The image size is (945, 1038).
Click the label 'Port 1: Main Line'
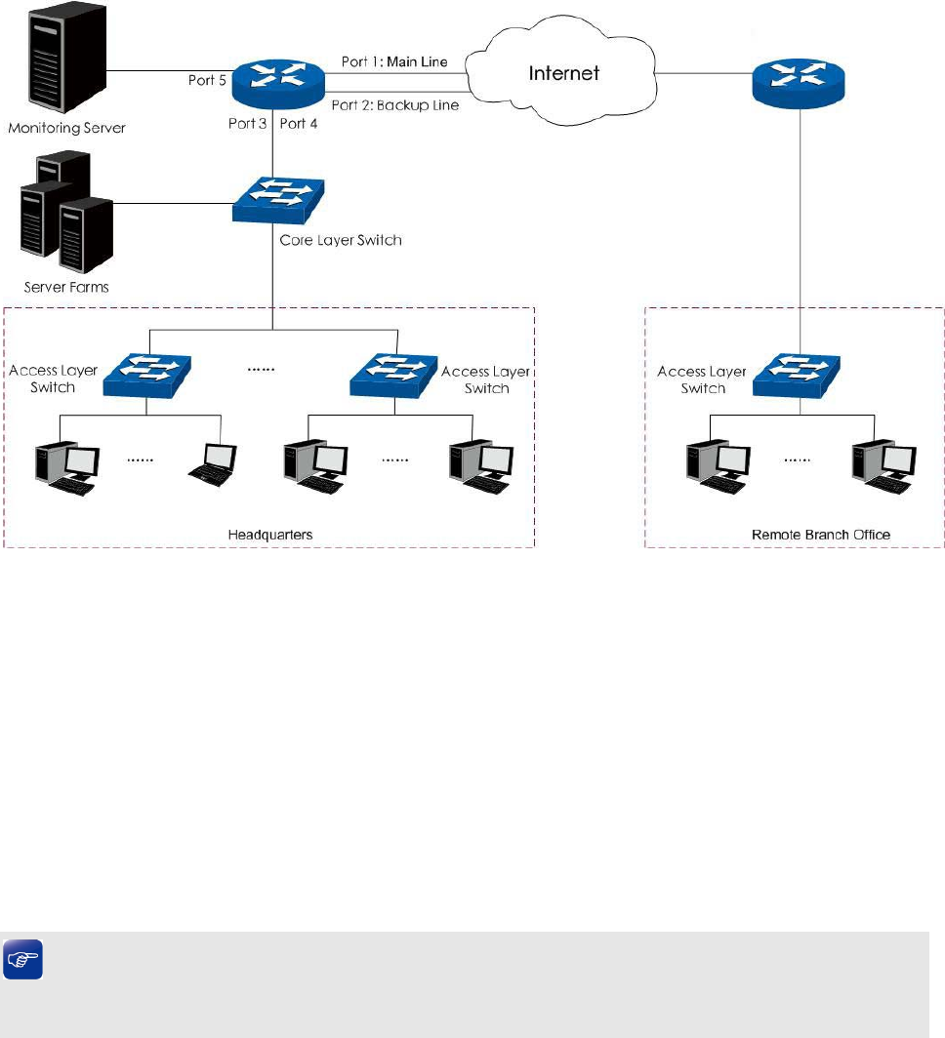point(394,62)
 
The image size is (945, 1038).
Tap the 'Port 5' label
point(207,80)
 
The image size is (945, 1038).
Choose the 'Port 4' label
point(299,125)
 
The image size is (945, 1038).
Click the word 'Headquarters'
point(269,535)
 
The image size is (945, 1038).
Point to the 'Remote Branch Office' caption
point(821,535)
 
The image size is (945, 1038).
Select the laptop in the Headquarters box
point(214,462)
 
